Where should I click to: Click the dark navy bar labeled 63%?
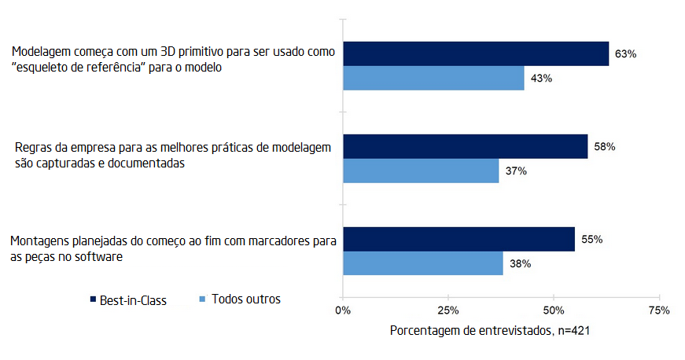pos(476,53)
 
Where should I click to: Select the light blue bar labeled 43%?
pos(433,78)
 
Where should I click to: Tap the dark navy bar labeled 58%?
pos(465,146)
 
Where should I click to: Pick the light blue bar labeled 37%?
pos(421,171)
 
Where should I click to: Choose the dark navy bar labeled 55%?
pos(459,239)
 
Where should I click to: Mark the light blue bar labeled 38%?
pos(423,263)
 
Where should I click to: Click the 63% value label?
pos(625,54)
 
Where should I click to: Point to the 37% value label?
pos(515,171)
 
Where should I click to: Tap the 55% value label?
pos(592,240)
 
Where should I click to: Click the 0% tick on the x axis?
pos(343,310)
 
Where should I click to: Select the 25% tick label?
pos(447,310)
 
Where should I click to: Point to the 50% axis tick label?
pos(554,310)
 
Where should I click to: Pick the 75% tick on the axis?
pos(658,310)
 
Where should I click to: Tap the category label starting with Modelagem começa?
pos(174,61)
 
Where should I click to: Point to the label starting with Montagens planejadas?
pos(172,248)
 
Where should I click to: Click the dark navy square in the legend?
pos(93,300)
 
